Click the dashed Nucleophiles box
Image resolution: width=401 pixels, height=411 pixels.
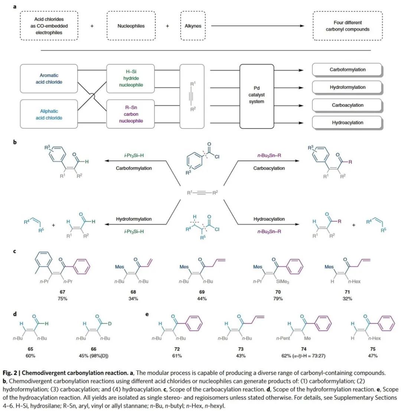pyautogui.click(x=131, y=26)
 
